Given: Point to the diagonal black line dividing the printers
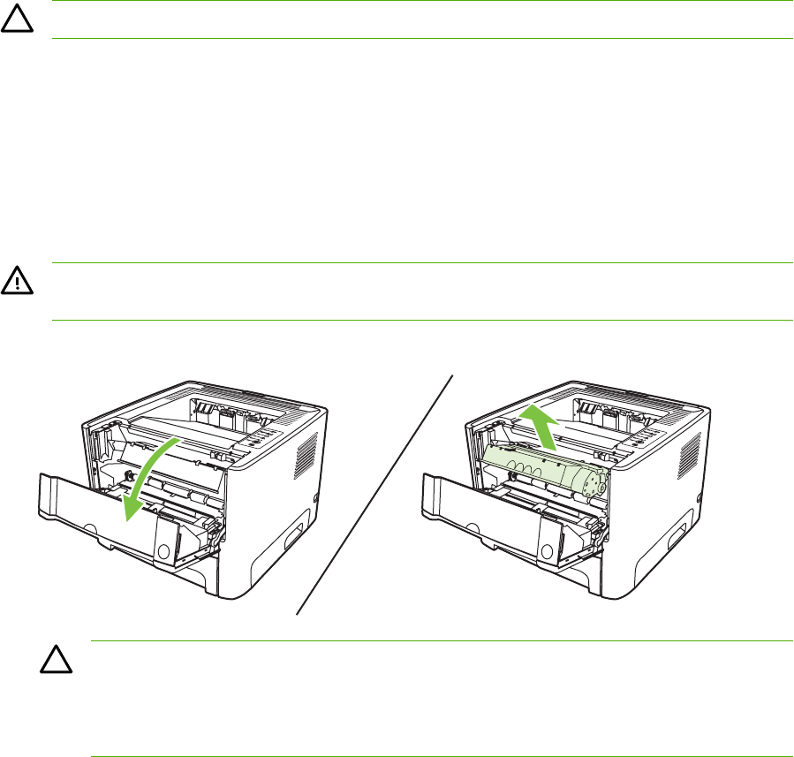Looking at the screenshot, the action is point(375,495).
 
